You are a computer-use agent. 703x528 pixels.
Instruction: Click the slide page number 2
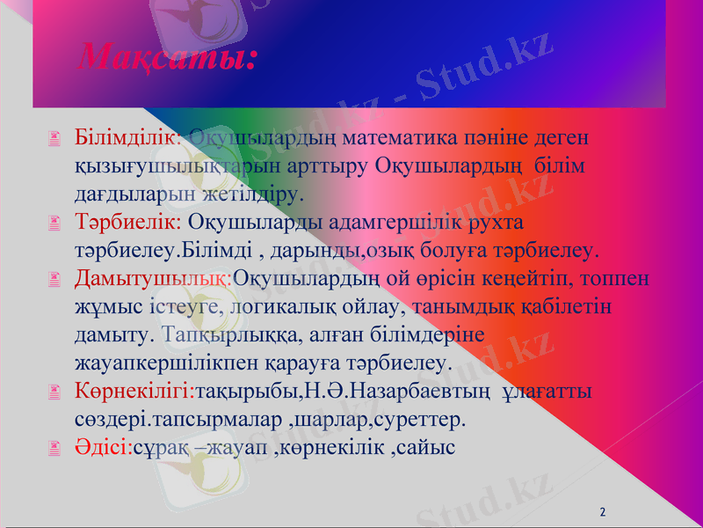(603, 511)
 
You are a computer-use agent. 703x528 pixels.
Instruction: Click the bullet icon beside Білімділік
(55, 139)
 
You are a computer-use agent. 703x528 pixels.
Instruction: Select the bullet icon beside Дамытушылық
(55, 280)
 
